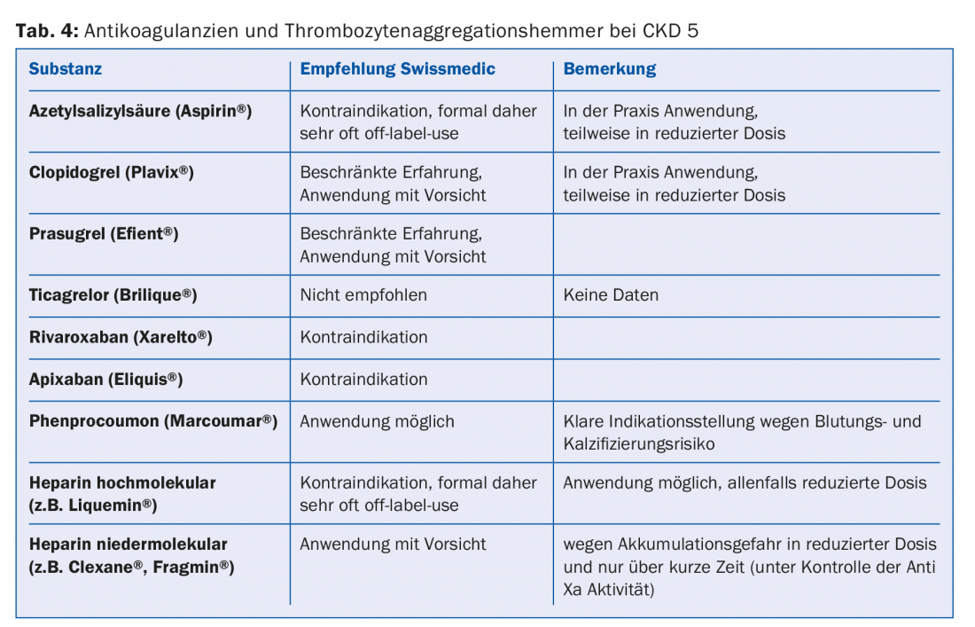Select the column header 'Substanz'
(66, 69)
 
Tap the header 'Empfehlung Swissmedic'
(397, 69)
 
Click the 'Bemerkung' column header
(610, 69)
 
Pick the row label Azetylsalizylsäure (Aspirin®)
(140, 112)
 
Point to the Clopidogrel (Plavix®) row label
(111, 173)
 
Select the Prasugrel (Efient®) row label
(104, 234)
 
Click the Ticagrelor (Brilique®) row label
(113, 295)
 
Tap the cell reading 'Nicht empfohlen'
(363, 295)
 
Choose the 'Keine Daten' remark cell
(611, 295)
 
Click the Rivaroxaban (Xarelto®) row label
(121, 337)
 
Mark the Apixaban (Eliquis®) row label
(105, 379)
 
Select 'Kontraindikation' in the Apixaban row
(363, 379)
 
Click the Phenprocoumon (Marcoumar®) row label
(152, 421)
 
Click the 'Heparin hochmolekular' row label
(122, 483)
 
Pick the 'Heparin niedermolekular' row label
(128, 545)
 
